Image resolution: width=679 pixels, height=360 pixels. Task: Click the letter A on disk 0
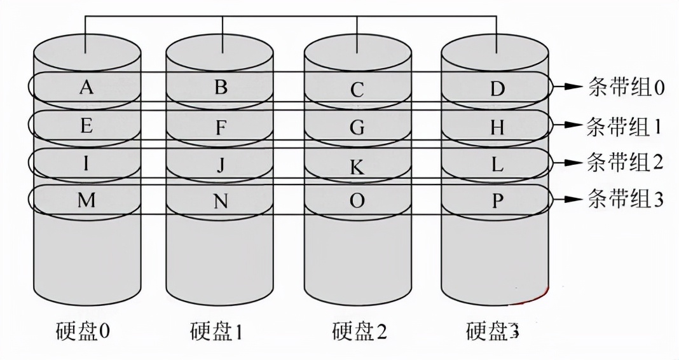[x=86, y=87]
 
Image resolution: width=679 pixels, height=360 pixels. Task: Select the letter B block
[x=221, y=87]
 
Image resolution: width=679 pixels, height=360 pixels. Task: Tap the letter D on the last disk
[x=497, y=90]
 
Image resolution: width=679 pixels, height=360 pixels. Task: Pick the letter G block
[x=357, y=128]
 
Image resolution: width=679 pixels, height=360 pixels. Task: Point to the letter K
[x=357, y=167]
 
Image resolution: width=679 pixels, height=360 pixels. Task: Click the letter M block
[x=86, y=200]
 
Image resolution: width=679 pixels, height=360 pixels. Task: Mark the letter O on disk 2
[x=357, y=201]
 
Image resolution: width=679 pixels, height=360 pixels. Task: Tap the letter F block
[x=221, y=127]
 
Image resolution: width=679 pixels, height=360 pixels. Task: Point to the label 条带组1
[x=627, y=125]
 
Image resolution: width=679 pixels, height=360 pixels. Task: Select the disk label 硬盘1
[x=216, y=331]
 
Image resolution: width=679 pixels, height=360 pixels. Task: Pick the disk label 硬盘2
[x=359, y=331]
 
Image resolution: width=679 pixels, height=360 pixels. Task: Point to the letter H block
[x=497, y=128]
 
